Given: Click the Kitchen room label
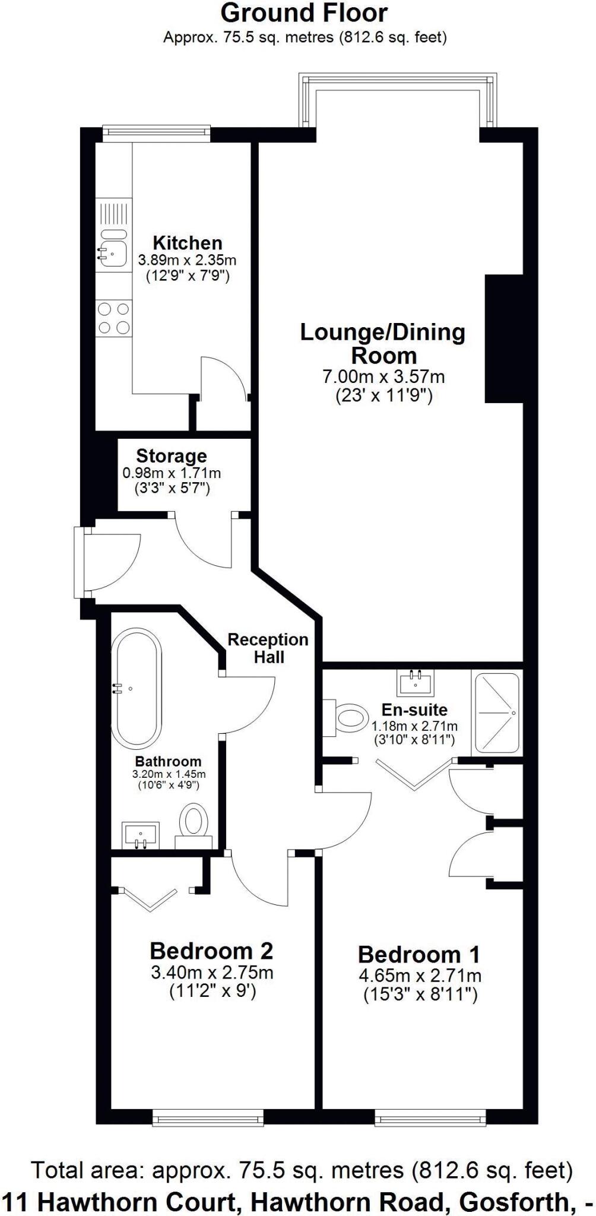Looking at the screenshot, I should (x=188, y=243).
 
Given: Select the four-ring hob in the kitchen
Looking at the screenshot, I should (x=113, y=318).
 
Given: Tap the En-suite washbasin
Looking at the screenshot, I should (x=416, y=682).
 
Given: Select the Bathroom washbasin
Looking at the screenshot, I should (x=141, y=835).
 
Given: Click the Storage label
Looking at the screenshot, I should (x=172, y=456).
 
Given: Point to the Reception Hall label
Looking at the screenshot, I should (x=268, y=648).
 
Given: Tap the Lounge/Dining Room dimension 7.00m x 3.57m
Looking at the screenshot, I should (x=383, y=376).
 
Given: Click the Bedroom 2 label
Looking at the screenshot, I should (x=211, y=951).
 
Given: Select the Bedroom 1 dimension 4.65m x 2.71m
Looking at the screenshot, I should (x=420, y=976).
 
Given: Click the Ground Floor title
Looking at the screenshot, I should (x=304, y=12).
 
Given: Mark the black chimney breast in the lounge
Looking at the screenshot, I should (x=503, y=338).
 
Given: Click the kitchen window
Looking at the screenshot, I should (x=156, y=132).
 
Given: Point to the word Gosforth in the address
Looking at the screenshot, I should (x=511, y=1202).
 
